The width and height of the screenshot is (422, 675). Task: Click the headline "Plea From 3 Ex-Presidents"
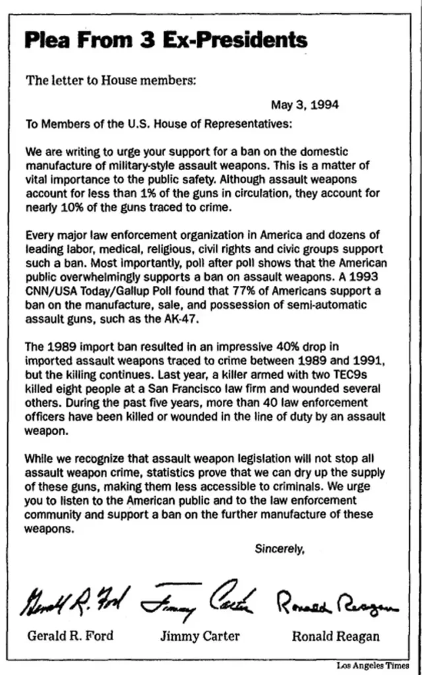coord(166,40)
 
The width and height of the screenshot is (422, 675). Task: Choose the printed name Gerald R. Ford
coord(70,636)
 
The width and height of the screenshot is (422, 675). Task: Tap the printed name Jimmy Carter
coord(200,636)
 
